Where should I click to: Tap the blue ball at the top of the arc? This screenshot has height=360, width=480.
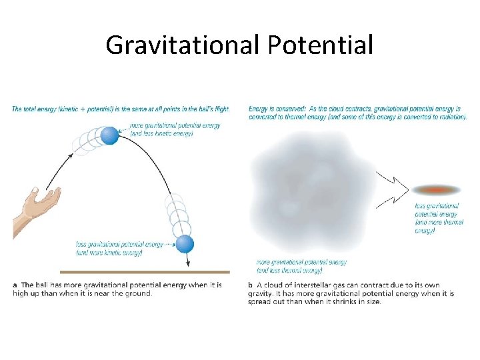tap(109, 136)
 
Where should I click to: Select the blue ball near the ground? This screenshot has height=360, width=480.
tap(185, 244)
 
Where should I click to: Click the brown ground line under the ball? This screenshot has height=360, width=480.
tap(144, 272)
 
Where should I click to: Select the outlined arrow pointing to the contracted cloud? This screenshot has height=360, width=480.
tap(393, 189)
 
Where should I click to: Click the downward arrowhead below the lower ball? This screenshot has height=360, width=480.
tap(188, 263)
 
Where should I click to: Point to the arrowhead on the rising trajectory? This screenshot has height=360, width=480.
tap(71, 155)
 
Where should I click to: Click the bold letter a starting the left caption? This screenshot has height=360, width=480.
tap(15, 285)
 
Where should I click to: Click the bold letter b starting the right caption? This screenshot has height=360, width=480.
tap(251, 285)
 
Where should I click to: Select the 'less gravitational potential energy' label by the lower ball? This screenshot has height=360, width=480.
tap(119, 245)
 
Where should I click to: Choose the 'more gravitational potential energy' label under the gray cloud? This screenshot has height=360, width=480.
tap(301, 263)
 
